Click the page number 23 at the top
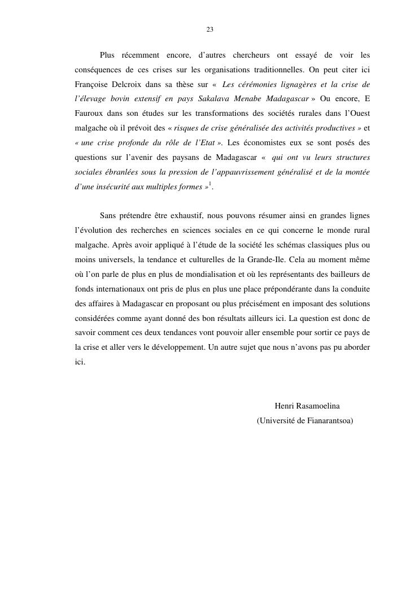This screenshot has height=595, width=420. tap(209, 29)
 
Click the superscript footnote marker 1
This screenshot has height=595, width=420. tap(210, 185)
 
